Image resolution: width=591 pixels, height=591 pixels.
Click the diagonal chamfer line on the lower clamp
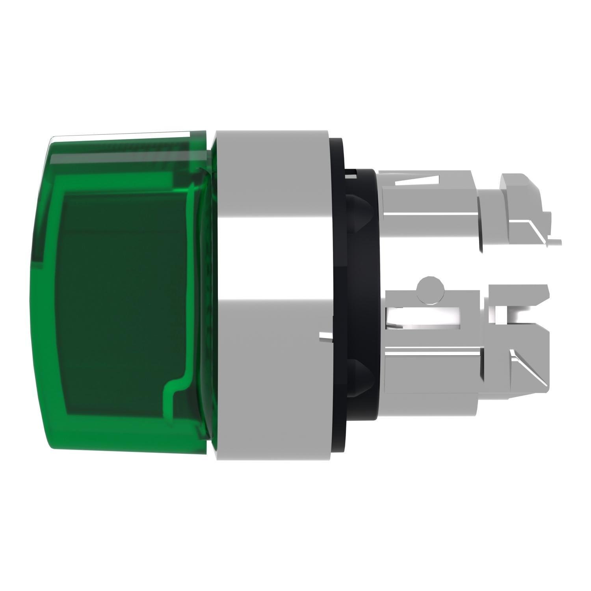click(528, 366)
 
